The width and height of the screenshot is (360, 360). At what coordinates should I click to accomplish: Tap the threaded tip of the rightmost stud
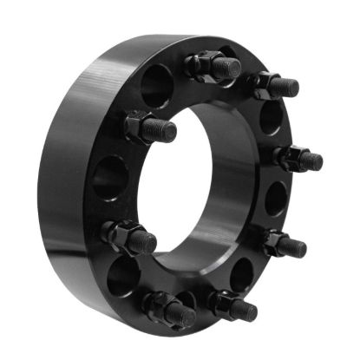313,161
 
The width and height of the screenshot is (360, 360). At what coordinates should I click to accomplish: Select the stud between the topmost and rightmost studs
277,85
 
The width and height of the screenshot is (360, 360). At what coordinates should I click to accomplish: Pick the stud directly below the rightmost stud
285,244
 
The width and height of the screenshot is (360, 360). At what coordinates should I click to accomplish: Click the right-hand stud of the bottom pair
232,305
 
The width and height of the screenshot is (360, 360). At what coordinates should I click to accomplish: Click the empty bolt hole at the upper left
157,85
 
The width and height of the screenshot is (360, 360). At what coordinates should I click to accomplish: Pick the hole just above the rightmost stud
271,117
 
